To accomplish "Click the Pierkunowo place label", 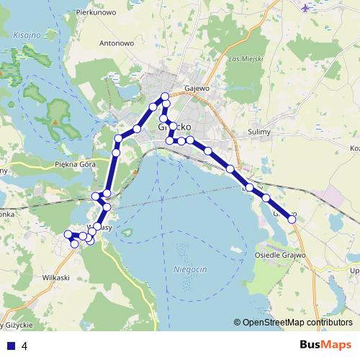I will pos(97,12).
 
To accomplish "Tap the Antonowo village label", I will pos(117,43).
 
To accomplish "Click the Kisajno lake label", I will pos(27,35).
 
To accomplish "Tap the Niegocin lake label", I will pos(190,268).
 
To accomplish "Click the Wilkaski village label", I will pos(55,277).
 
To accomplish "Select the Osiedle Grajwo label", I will pos(280,255).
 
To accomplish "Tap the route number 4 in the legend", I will pos(25,346).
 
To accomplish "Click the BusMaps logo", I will pos(325,345).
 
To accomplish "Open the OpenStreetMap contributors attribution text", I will pos(297,323).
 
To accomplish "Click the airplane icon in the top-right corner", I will pos(307,8).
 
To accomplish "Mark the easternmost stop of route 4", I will pos(292,219).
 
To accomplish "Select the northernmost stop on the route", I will pos(165,96).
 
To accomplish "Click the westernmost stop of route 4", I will pos(68,234).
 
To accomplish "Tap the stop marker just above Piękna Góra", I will pos(116,153).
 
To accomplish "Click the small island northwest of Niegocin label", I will pos(127,232).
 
